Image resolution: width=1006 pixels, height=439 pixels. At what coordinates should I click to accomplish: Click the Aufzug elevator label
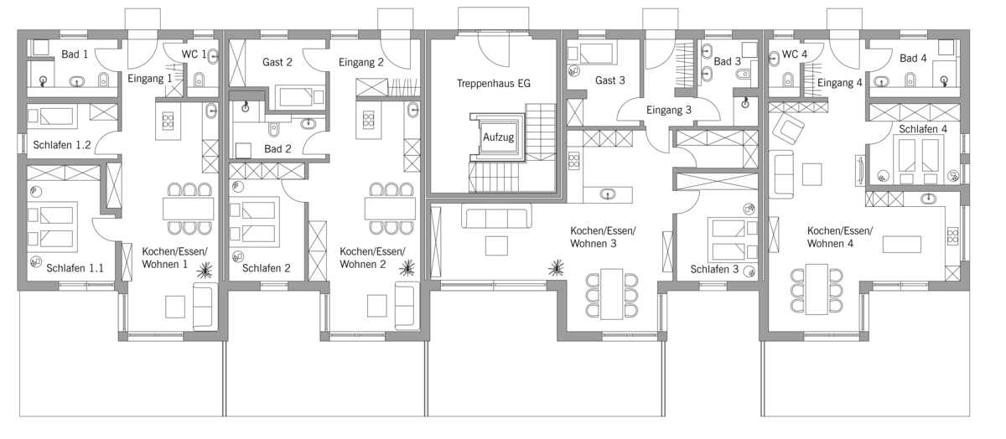(498, 137)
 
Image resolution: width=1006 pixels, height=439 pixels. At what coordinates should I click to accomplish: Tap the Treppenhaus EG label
(493, 84)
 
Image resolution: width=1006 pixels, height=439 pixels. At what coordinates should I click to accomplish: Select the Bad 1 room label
(75, 54)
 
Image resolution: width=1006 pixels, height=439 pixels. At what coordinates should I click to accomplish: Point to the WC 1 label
(194, 54)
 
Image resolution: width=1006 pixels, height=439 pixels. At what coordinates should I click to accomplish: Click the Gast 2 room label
(277, 62)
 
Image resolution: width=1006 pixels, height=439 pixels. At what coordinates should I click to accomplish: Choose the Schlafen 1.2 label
(61, 145)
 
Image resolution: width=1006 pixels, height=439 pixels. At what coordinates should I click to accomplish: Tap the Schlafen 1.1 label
(75, 268)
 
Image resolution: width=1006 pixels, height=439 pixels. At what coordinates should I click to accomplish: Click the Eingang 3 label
(669, 111)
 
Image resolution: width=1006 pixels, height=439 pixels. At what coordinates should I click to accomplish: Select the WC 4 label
(795, 54)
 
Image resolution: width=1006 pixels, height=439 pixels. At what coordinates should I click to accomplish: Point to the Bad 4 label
(913, 59)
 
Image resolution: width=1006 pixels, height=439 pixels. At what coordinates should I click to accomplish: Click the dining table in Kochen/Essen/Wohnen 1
(188, 209)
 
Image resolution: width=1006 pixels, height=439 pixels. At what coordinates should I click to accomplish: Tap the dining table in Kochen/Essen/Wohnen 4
(817, 290)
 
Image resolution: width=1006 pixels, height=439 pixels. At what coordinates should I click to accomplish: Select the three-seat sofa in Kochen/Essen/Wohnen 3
(496, 216)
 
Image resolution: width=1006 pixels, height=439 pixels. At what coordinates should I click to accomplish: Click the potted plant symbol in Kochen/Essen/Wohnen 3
(556, 267)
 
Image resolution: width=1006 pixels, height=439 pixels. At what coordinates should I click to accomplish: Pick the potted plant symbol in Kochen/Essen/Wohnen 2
(407, 268)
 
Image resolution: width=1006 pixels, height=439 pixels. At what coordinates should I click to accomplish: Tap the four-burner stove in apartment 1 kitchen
(168, 121)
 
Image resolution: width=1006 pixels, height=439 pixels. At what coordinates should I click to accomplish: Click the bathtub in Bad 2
(295, 97)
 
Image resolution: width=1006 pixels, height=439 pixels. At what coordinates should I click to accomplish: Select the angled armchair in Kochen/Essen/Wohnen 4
(788, 127)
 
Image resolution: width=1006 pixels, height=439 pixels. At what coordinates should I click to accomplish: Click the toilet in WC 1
(199, 80)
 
